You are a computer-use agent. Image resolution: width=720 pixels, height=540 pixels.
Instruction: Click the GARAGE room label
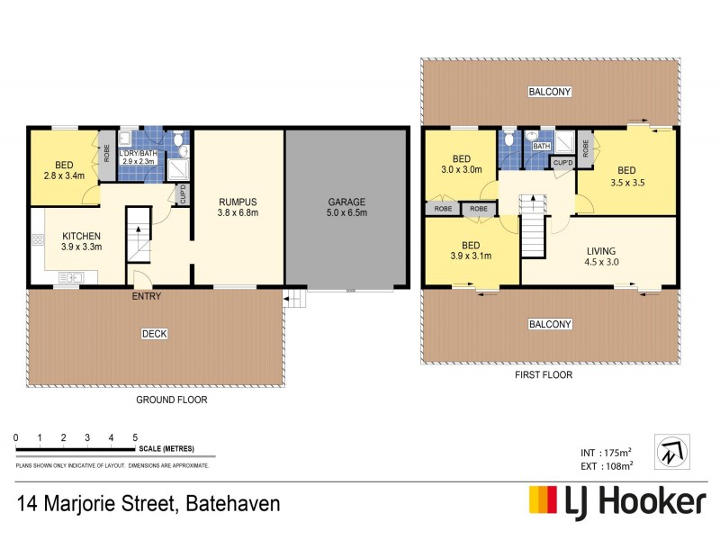tap(346, 202)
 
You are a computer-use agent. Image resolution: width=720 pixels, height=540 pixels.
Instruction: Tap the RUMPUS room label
tap(239, 202)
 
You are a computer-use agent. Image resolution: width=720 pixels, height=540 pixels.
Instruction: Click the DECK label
tap(155, 334)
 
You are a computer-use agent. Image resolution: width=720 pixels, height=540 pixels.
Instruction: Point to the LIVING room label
tap(602, 251)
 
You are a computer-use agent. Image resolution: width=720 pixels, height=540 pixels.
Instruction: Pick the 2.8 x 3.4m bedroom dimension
tap(65, 176)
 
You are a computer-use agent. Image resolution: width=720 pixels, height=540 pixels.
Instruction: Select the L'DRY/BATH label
tap(144, 154)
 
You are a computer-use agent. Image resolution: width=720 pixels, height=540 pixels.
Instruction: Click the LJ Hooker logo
tap(616, 501)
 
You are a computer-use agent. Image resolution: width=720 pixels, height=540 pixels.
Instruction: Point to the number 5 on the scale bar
tap(135, 437)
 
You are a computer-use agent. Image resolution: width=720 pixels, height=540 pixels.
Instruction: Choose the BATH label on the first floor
tap(541, 145)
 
